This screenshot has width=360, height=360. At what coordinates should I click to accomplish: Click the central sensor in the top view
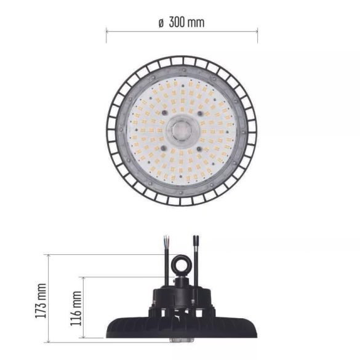click(x=182, y=130)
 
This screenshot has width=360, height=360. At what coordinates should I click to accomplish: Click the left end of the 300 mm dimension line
click(x=106, y=30)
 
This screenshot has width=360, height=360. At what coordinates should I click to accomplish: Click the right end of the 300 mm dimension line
click(x=257, y=30)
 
